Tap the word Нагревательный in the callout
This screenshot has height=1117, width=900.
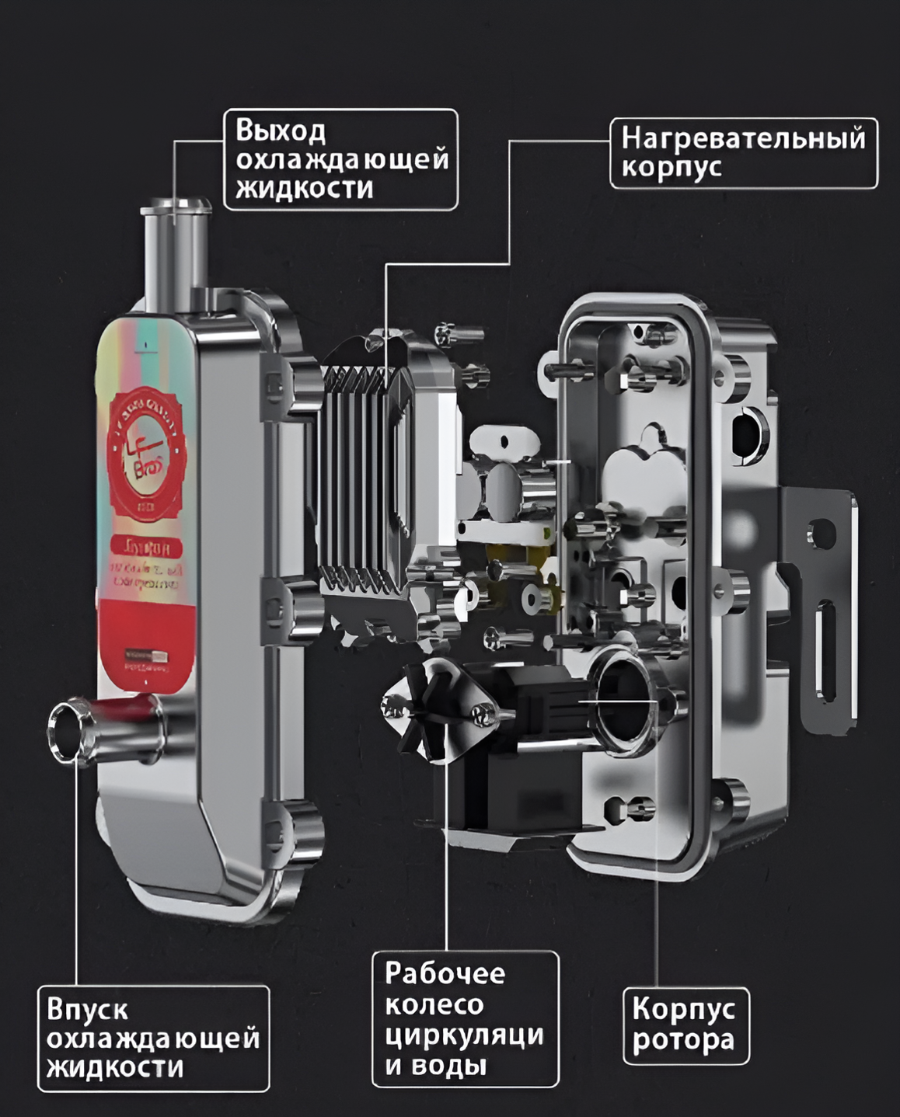coord(743,138)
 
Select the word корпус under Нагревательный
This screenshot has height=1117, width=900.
coord(672,168)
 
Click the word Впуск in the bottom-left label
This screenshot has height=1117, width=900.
coord(87,1010)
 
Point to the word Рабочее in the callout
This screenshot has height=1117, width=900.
coord(445,973)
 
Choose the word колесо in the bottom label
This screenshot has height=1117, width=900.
coord(434,1004)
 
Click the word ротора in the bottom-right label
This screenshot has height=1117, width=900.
coord(683,1039)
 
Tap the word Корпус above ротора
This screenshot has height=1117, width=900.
coord(683,1009)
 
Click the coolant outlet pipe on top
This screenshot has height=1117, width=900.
coord(175,249)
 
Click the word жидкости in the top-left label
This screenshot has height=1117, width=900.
coord(305,189)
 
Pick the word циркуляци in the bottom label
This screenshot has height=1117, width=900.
coord(464,1035)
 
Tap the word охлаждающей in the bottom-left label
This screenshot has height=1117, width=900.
coord(153,1039)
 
